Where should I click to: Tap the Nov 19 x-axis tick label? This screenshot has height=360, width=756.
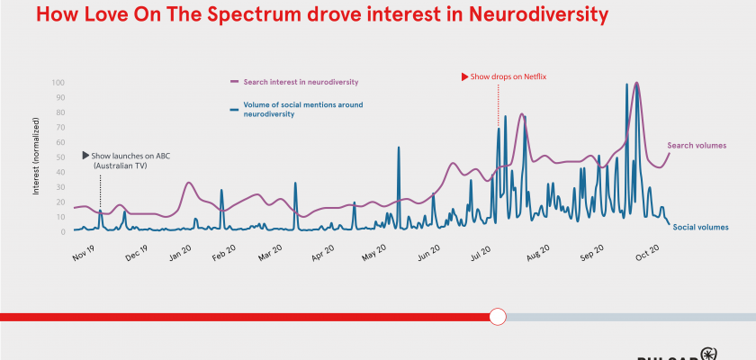83,252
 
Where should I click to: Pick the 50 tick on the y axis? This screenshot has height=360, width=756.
59,157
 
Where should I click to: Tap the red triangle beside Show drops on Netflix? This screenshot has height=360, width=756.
464,77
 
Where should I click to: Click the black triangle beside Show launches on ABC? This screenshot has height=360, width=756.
86,156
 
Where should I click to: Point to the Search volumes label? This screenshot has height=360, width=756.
697,145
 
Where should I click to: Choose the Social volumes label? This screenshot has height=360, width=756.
700,227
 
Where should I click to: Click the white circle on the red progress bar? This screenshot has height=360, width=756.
498,317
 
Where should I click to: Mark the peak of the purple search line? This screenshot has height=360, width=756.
637,84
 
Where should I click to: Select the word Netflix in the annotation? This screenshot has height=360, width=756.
533,77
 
